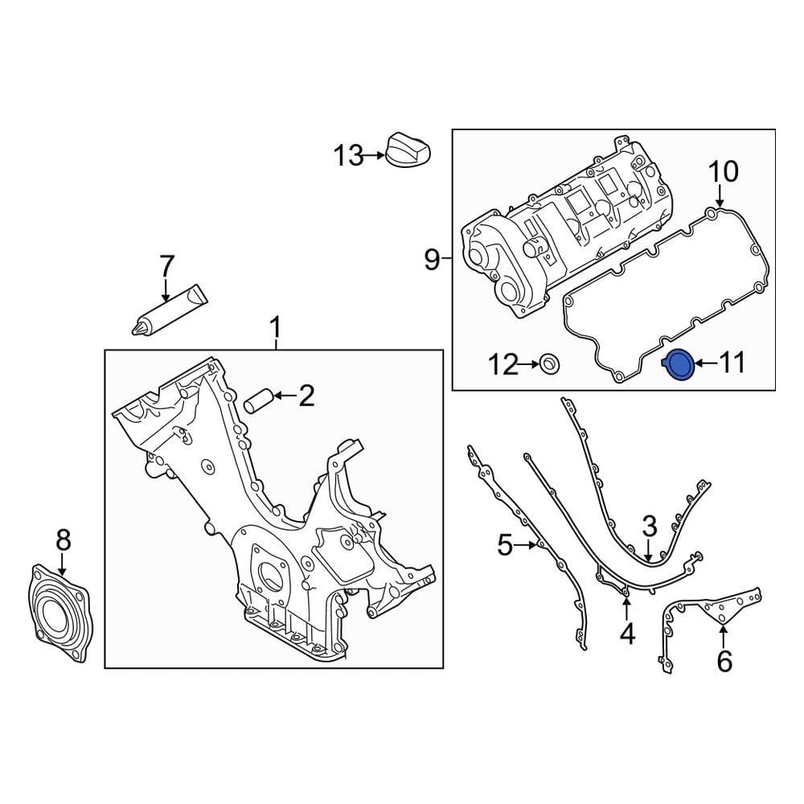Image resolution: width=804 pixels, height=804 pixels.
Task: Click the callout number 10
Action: click(721, 171)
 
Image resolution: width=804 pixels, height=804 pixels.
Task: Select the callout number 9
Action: click(432, 260)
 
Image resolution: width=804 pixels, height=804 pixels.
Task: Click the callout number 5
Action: click(504, 546)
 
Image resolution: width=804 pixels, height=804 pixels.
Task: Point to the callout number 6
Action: click(724, 661)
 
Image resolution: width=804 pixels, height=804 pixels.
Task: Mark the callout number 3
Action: click(650, 526)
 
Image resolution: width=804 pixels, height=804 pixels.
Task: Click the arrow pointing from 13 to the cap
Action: click(374, 155)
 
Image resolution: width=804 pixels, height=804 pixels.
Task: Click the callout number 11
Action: click(732, 364)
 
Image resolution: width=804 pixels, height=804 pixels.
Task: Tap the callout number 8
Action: click(63, 540)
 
